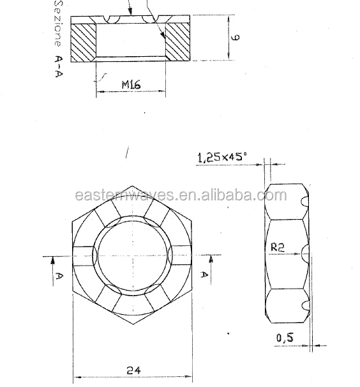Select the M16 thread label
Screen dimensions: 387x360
[x=130, y=84]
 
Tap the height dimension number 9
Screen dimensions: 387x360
[x=236, y=38]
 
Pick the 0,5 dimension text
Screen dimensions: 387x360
[x=285, y=338]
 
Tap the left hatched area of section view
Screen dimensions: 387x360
[x=83, y=42]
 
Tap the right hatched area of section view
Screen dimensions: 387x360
[x=179, y=42]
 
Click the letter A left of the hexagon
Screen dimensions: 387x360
[x=58, y=276]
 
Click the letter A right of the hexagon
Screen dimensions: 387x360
[x=206, y=275]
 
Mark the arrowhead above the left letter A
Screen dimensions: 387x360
[x=54, y=259]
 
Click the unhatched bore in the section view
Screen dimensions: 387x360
[x=131, y=42]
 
